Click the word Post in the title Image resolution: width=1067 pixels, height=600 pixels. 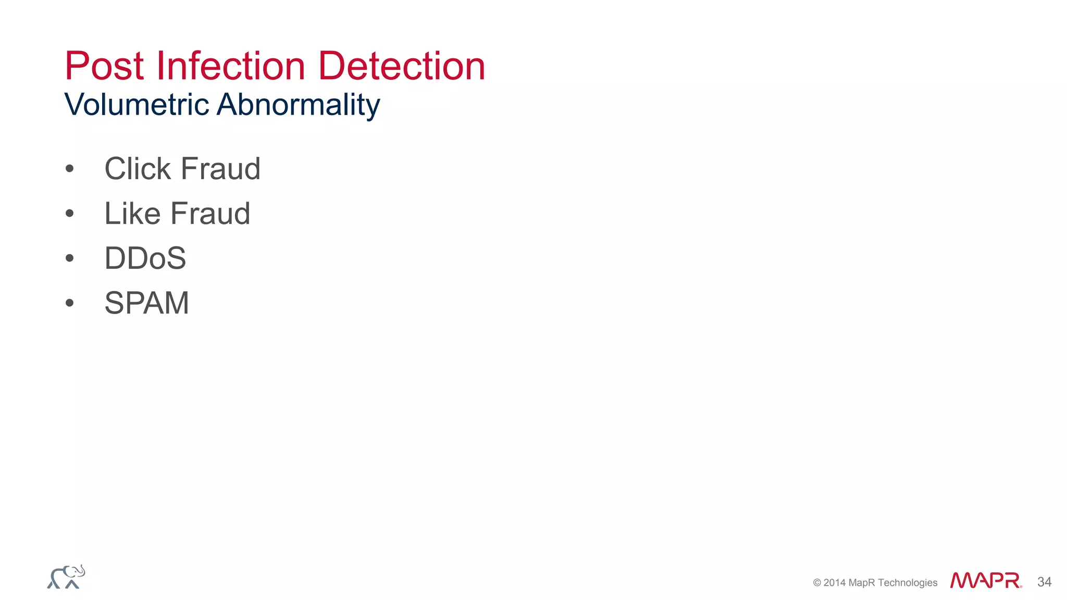(104, 66)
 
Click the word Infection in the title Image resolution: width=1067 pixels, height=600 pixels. (231, 66)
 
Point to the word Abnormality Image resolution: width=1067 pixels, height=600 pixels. (298, 105)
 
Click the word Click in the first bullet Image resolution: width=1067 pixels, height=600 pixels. (138, 169)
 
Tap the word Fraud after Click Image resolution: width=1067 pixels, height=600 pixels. (220, 169)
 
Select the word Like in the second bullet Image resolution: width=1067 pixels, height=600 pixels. (132, 214)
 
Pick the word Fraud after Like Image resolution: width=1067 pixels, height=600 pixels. (210, 214)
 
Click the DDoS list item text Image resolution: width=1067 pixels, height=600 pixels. (145, 258)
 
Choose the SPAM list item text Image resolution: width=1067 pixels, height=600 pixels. (146, 303)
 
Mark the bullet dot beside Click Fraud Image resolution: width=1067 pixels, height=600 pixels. (70, 169)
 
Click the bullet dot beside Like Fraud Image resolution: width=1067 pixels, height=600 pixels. (70, 214)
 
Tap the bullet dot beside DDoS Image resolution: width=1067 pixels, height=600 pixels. (70, 258)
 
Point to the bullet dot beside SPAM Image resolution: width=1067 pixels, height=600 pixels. (70, 303)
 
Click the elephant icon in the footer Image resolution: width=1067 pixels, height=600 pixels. (66, 577)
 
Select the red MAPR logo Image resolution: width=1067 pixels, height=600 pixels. (985, 581)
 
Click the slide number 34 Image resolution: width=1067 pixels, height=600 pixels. (1044, 582)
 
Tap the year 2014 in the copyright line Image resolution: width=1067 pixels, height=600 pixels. (834, 583)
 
